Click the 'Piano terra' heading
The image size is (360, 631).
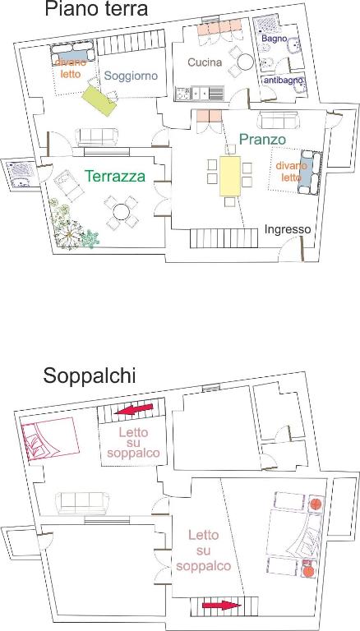click(96, 9)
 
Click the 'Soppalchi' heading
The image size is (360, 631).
click(90, 375)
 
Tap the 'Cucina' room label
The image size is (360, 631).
click(205, 62)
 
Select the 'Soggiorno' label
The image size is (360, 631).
click(131, 76)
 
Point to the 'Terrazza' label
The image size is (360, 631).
click(115, 176)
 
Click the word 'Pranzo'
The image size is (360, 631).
click(262, 139)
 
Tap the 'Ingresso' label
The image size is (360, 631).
click(288, 229)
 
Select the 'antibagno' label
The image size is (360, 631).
click(283, 81)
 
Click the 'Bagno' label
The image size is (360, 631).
click(274, 39)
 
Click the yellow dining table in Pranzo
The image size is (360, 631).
click(230, 177)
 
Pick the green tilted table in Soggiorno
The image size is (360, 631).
click(99, 100)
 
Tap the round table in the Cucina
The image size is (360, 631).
click(245, 62)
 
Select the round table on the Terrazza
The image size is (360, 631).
click(121, 211)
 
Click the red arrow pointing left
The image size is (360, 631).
click(134, 409)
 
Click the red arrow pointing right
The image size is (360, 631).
click(221, 605)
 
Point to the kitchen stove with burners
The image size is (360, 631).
click(182, 94)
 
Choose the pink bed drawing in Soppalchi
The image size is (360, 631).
click(50, 438)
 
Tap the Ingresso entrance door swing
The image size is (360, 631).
click(292, 249)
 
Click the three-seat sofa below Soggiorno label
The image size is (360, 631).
click(97, 137)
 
